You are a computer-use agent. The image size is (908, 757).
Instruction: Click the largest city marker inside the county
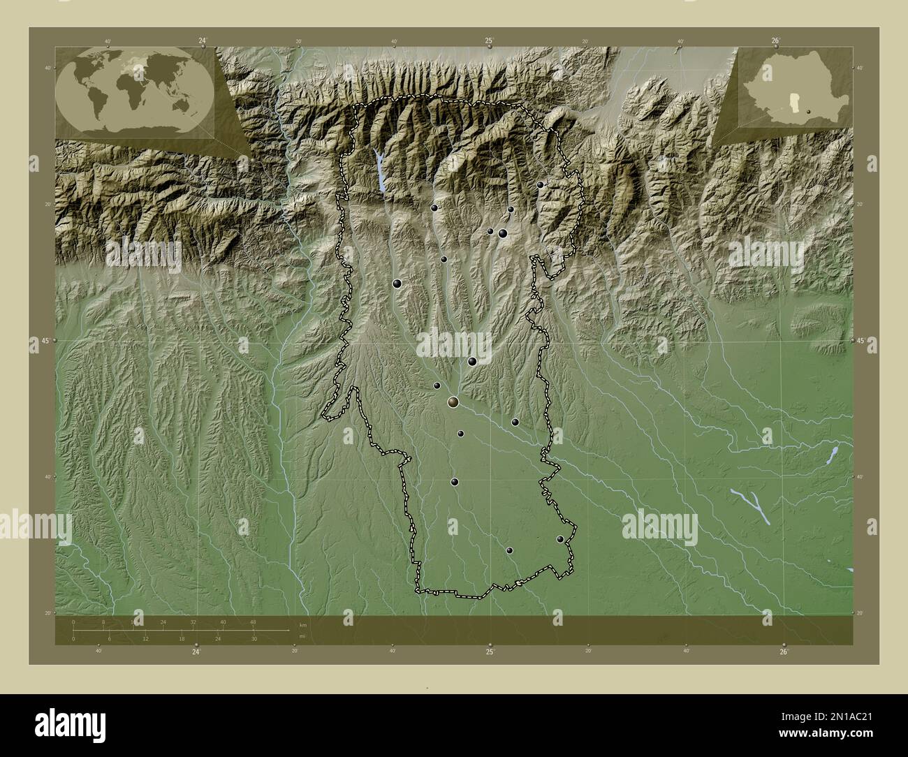454,402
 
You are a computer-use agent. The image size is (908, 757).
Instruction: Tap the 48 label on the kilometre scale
253,622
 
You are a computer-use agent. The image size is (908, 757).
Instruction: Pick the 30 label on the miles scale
254,638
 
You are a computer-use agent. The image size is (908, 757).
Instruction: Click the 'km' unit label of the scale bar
302,624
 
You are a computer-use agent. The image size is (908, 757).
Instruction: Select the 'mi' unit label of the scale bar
302,635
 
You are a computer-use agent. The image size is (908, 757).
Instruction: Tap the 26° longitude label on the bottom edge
784,652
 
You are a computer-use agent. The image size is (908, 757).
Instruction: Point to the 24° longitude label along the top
203,41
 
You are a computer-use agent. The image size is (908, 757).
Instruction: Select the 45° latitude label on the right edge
861,341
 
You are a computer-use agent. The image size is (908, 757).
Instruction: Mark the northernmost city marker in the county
541,184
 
